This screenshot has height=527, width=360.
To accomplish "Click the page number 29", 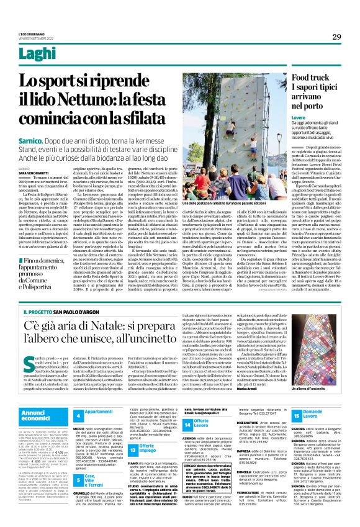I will [336, 37].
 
